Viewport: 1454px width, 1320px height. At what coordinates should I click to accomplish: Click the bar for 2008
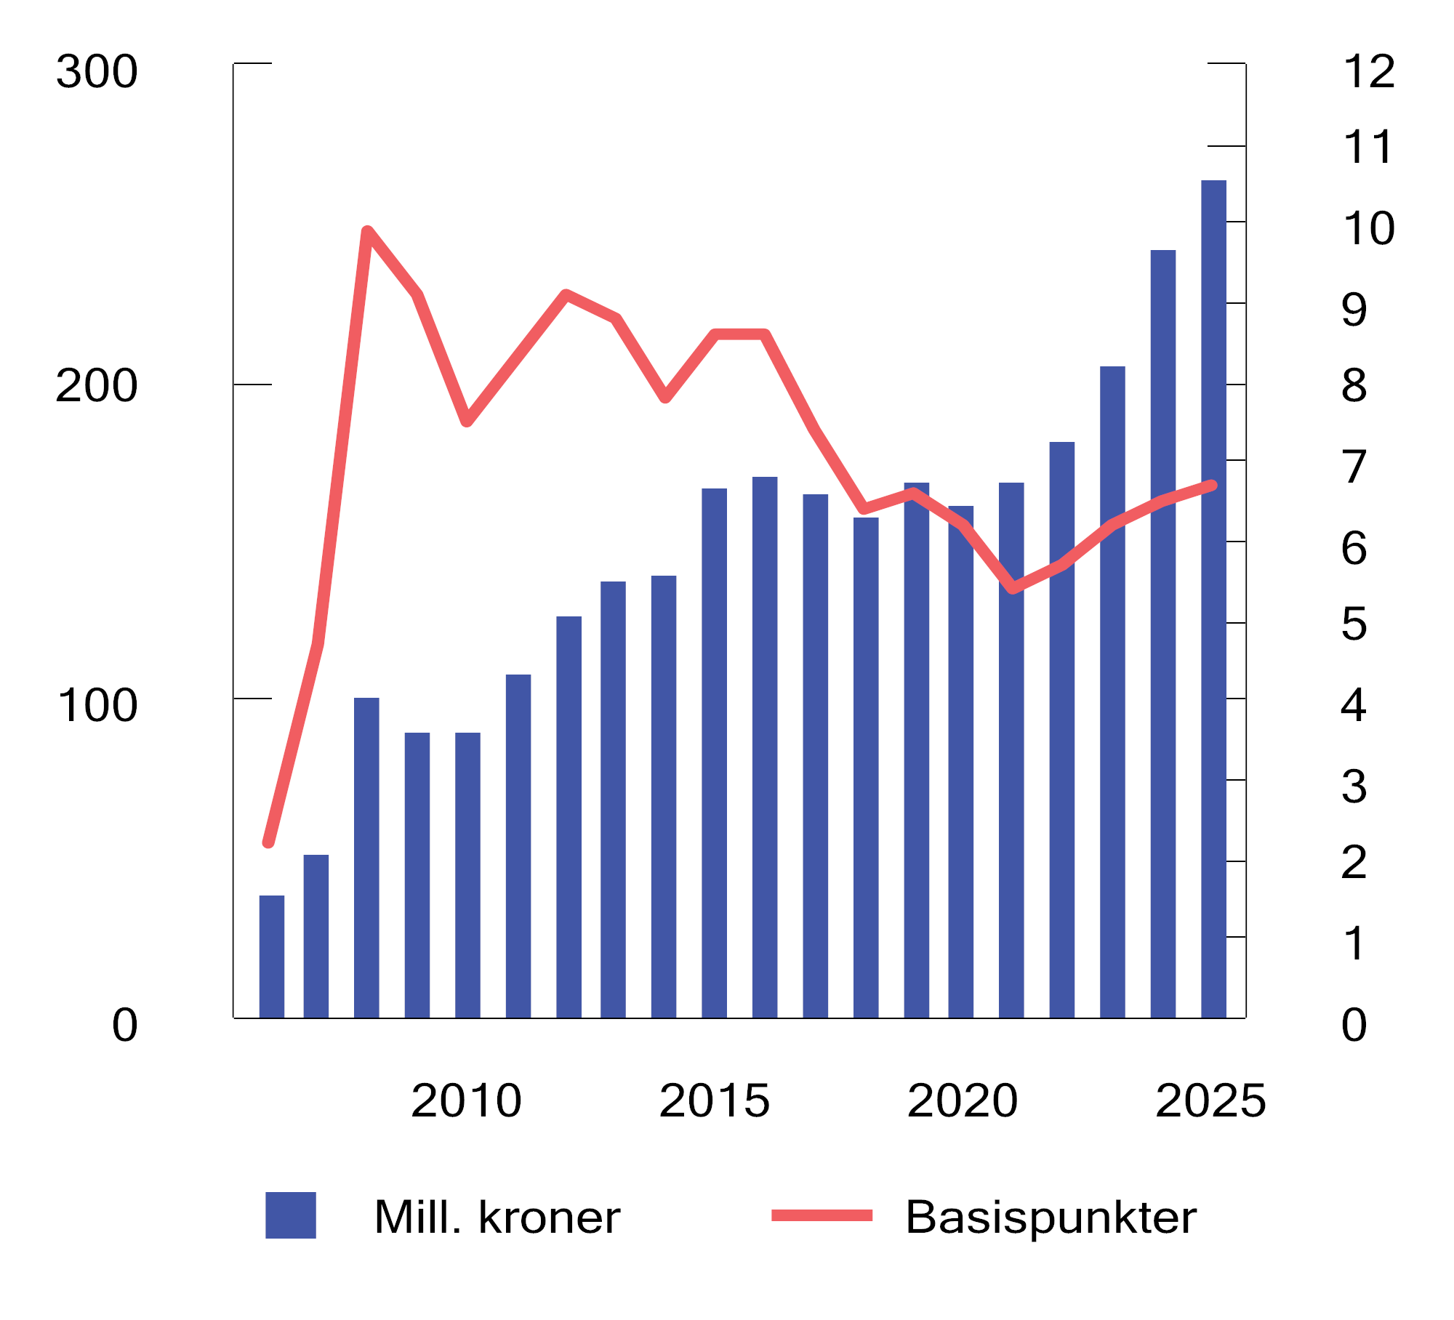(x=366, y=858)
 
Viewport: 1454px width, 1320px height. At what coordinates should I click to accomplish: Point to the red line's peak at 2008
(x=367, y=232)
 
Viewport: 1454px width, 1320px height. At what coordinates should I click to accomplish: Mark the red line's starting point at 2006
(x=268, y=842)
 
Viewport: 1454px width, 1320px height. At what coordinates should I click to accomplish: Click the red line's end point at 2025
(x=1212, y=485)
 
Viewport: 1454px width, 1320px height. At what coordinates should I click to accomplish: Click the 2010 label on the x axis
(x=466, y=1100)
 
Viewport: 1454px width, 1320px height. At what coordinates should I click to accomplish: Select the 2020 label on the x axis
(x=963, y=1100)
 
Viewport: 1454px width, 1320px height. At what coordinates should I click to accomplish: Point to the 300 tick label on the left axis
(x=97, y=72)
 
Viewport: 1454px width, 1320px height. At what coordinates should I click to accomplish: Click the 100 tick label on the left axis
(x=97, y=705)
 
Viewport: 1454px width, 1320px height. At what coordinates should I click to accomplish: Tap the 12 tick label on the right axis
(x=1368, y=72)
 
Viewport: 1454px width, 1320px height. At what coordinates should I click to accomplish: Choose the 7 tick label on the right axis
(x=1354, y=467)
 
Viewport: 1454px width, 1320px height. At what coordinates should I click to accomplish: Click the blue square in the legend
(x=291, y=1215)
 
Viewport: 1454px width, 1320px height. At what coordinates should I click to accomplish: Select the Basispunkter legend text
(x=1051, y=1217)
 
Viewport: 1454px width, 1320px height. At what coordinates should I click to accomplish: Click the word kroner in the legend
(x=549, y=1217)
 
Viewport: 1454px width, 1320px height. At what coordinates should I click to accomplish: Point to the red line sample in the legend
(x=822, y=1215)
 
